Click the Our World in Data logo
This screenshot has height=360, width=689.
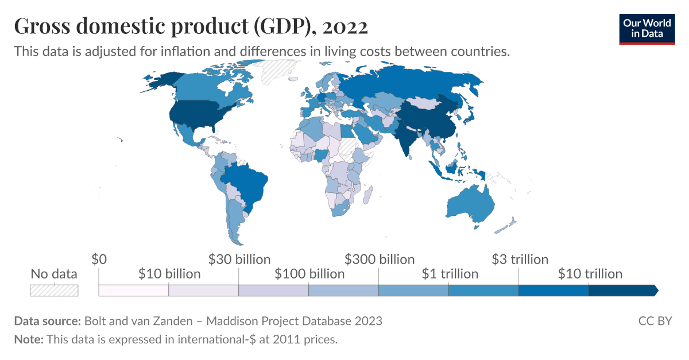pyautogui.click(x=647, y=28)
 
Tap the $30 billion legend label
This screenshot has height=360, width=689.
pyautogui.click(x=239, y=260)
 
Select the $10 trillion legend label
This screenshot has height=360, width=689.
pyautogui.click(x=590, y=274)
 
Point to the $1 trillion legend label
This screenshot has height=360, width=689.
pyautogui.click(x=450, y=274)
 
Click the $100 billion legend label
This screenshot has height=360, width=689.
pyautogui.click(x=309, y=274)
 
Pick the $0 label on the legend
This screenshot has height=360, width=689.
pyautogui.click(x=99, y=260)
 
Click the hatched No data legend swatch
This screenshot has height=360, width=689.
pyautogui.click(x=54, y=291)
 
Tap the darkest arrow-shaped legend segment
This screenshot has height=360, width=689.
pyautogui.click(x=623, y=291)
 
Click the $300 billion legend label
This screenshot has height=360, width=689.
pyautogui.click(x=380, y=260)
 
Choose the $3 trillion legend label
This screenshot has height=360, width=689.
pyautogui.click(x=520, y=260)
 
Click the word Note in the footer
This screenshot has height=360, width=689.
pyautogui.click(x=28, y=339)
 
